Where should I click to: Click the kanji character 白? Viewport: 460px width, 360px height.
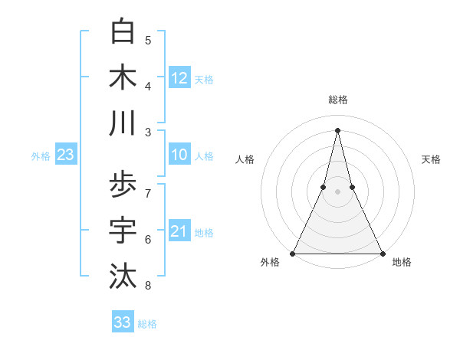point(123,31)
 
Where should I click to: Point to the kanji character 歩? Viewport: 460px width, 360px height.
point(123,185)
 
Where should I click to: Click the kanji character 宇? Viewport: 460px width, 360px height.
point(123,231)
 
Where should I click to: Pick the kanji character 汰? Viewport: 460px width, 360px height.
point(123,277)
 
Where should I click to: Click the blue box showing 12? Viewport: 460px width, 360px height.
point(179,78)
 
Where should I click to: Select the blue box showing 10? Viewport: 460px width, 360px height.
point(179,155)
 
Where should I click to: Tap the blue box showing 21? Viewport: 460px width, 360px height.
point(179,232)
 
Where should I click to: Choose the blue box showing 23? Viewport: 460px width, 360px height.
point(65,155)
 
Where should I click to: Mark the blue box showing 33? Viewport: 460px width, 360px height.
point(123,322)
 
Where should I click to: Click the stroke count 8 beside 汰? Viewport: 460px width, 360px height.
point(148,286)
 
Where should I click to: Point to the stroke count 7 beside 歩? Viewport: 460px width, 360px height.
point(148,193)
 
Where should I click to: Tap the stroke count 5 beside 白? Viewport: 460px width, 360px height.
point(148,40)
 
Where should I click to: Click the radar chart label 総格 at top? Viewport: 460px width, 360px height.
point(337,100)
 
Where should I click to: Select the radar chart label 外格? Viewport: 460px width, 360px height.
point(270,262)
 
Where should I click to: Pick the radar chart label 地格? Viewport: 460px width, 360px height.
point(402,262)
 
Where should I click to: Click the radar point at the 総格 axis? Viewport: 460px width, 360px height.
point(337,129)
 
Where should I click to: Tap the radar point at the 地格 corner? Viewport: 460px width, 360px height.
point(382,253)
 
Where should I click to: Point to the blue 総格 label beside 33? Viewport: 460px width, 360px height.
point(147,324)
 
